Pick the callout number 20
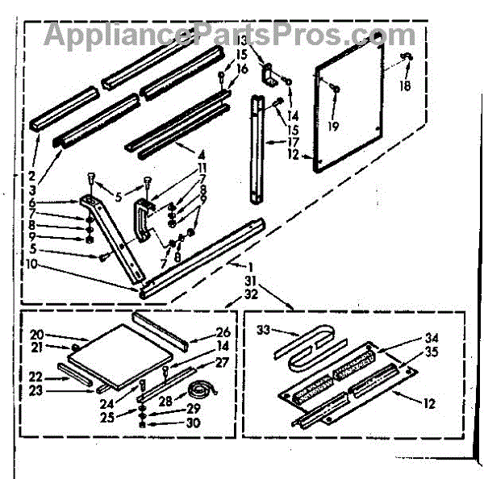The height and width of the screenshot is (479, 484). coord(36,334)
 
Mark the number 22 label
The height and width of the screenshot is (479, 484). coord(36,377)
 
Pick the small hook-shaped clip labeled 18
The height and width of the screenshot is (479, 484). coord(406,56)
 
